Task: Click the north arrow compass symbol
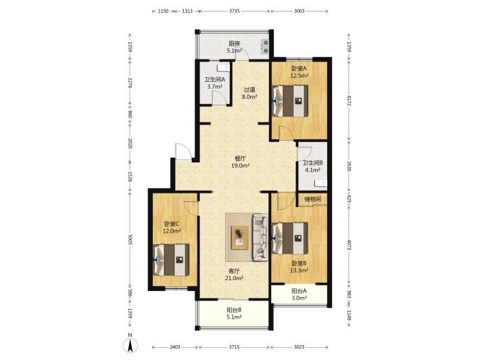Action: [130, 346]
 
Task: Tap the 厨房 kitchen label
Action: [235, 44]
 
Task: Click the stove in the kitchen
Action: [265, 47]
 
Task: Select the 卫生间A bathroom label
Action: [214, 79]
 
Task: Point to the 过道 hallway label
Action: [249, 90]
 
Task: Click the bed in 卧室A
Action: [290, 101]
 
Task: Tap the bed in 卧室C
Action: [171, 260]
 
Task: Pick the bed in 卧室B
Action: [290, 238]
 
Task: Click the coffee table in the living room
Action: [240, 238]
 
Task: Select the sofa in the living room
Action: [260, 238]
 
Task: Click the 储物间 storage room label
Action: [313, 199]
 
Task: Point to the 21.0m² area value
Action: [234, 278]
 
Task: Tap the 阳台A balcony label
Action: [299, 290]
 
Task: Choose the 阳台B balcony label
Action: [235, 310]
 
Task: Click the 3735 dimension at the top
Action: [234, 11]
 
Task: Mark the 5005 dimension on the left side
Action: [130, 240]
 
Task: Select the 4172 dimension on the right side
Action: [349, 101]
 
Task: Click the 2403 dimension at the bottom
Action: [175, 347]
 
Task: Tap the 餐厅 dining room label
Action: [240, 158]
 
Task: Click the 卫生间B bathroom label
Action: [312, 163]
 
